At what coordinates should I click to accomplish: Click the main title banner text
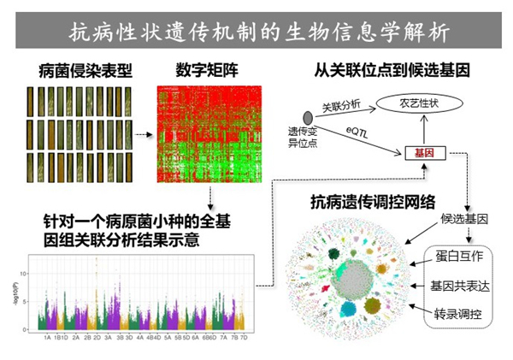point(256,32)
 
